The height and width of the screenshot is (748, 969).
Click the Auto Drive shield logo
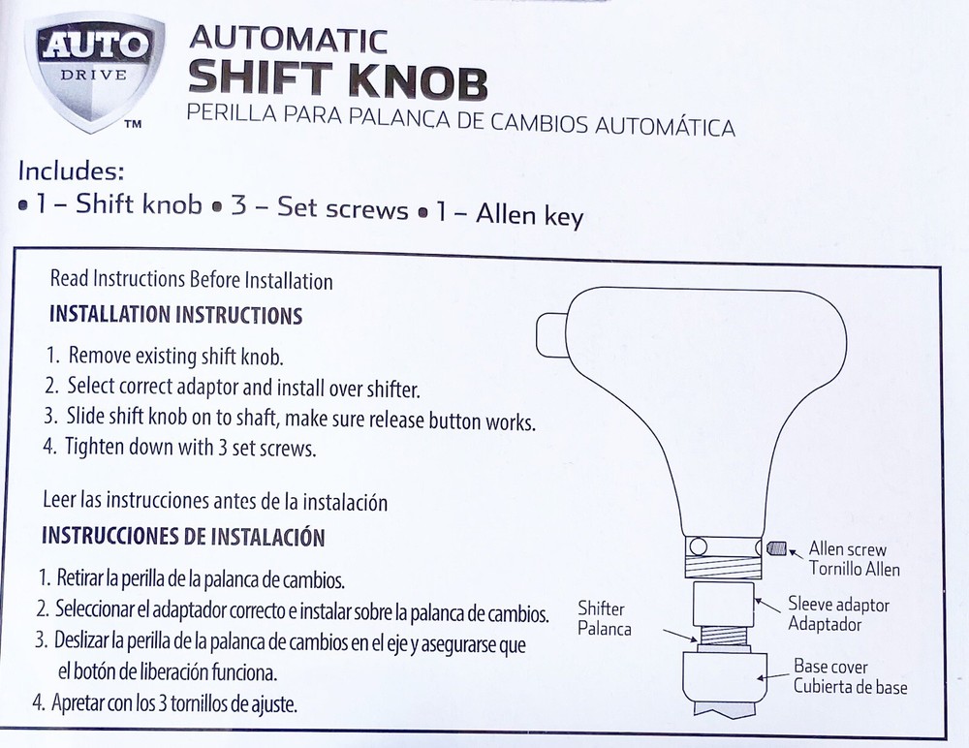click(x=94, y=71)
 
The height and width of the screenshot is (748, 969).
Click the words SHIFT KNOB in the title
click(x=337, y=80)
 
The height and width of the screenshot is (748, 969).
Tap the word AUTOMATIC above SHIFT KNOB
click(x=288, y=40)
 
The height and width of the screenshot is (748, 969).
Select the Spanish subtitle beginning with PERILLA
click(x=461, y=120)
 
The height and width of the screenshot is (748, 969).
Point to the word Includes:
click(x=71, y=171)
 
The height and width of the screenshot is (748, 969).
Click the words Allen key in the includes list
click(x=530, y=214)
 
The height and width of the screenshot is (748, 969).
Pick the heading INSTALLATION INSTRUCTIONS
click(x=175, y=315)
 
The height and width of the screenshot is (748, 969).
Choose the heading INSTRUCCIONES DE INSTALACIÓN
click(x=183, y=536)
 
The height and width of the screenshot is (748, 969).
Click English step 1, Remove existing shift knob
click(x=165, y=356)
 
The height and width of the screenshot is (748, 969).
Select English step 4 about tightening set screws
click(x=179, y=447)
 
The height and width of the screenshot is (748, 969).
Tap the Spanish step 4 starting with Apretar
click(x=165, y=702)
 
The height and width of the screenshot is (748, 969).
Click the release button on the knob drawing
click(x=551, y=335)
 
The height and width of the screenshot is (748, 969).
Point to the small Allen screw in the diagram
click(x=776, y=547)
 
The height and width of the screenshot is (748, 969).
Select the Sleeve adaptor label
click(x=838, y=614)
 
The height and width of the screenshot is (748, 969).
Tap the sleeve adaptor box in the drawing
click(x=723, y=604)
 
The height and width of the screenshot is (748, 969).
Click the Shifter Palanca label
click(x=605, y=618)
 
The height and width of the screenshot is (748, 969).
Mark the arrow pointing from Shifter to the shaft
click(x=681, y=637)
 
